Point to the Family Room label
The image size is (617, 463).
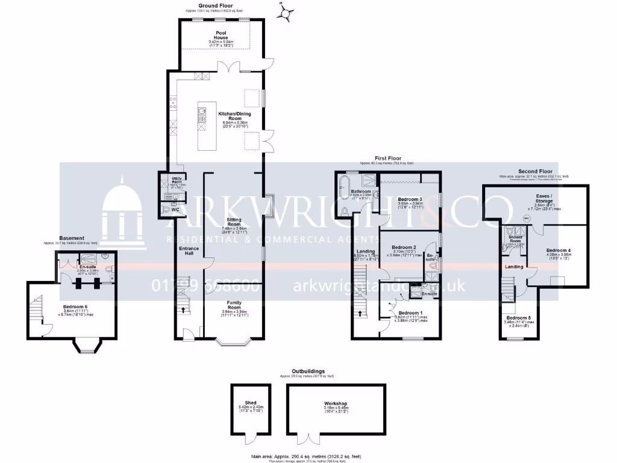(234, 304)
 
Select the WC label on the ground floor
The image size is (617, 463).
(175, 210)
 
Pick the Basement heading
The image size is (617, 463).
(72, 238)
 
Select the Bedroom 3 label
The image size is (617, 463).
(410, 199)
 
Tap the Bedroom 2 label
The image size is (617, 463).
(404, 247)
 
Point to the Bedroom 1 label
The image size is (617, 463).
(410, 312)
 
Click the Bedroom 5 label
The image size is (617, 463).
(518, 318)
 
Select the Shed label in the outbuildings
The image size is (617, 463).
(250, 403)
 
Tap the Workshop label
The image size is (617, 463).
(335, 403)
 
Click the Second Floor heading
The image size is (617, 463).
(535, 171)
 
